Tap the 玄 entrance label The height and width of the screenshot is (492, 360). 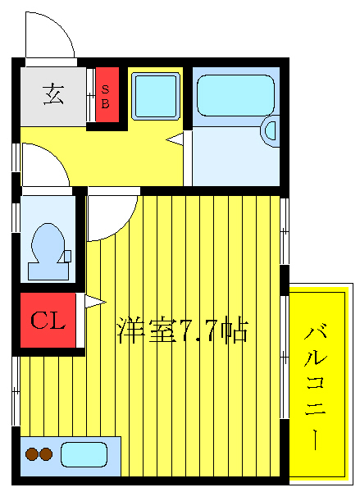(x=54, y=94)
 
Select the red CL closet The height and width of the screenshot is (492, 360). (x=48, y=321)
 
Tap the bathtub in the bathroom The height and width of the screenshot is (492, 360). (x=235, y=96)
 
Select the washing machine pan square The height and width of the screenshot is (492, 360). (x=156, y=96)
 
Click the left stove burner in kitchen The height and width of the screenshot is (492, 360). (x=32, y=453)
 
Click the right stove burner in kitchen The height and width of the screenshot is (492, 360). (x=46, y=453)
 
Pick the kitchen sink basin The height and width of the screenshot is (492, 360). (x=84, y=453)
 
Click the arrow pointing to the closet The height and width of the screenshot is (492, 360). (x=91, y=301)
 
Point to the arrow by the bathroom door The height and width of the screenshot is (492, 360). (x=175, y=140)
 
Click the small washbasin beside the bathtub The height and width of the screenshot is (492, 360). (x=271, y=131)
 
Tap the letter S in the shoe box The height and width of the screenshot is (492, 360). (x=106, y=88)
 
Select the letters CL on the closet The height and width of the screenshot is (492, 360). (x=48, y=321)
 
